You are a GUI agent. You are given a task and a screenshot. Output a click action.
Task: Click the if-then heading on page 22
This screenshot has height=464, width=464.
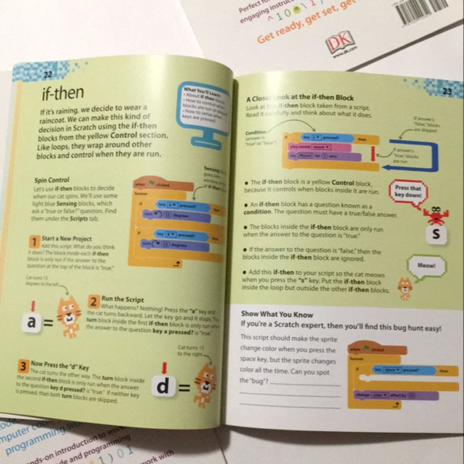click(64, 93)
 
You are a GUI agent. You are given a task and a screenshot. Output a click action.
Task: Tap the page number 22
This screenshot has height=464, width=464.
click(48, 74)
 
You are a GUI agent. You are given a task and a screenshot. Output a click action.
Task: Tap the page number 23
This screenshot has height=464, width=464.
click(447, 91)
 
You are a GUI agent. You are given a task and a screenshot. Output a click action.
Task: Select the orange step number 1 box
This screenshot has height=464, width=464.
click(35, 242)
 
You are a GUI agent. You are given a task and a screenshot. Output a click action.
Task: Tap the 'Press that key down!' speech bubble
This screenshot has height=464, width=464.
click(408, 192)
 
